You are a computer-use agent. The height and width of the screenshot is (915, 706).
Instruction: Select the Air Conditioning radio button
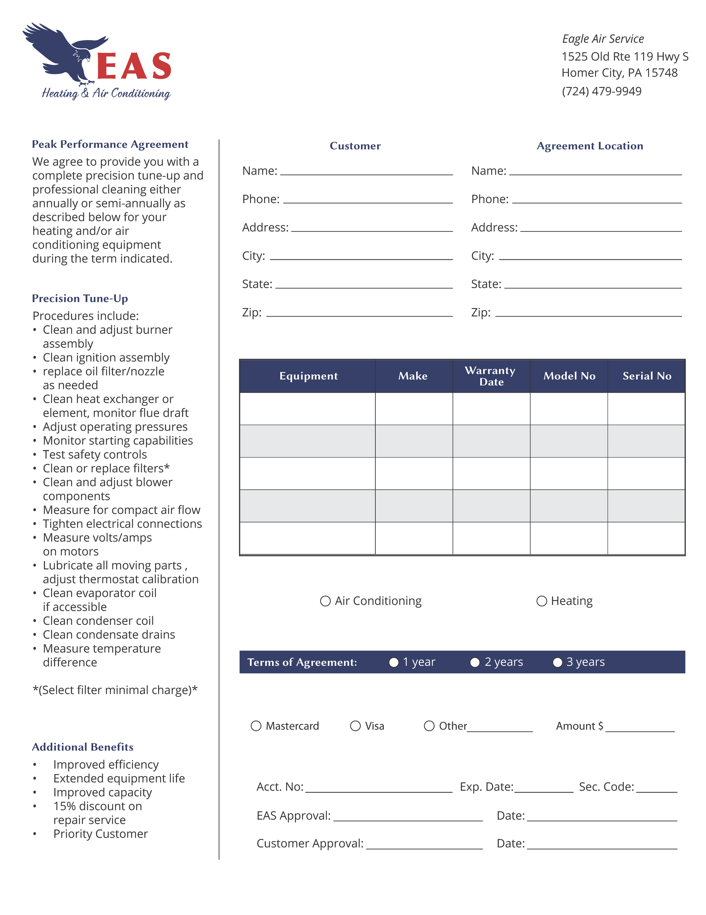[x=325, y=601]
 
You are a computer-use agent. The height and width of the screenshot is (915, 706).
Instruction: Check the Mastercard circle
[x=256, y=726]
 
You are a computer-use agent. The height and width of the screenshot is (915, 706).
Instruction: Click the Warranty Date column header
[x=491, y=376]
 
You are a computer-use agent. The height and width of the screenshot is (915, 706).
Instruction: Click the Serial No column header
[x=646, y=376]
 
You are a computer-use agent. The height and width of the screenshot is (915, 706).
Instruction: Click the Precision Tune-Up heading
[x=80, y=298]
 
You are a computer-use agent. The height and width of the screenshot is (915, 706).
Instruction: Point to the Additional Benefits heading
[x=82, y=747]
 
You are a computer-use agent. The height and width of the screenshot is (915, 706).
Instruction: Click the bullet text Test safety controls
[x=95, y=454]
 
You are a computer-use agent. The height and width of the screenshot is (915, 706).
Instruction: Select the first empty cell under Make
[x=413, y=408]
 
